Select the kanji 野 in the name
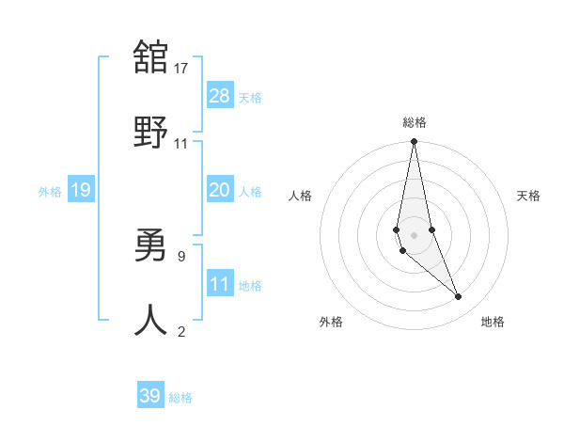(x=150, y=131)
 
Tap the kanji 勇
(x=150, y=245)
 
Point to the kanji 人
(x=150, y=320)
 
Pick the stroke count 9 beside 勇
(x=180, y=256)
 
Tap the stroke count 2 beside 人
(x=181, y=331)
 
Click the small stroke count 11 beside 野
(x=180, y=143)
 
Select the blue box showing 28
(x=220, y=95)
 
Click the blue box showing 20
(x=220, y=190)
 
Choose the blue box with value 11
(x=220, y=283)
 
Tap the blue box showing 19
(x=80, y=190)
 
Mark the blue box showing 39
(x=150, y=396)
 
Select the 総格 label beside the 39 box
(x=181, y=399)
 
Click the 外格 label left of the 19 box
(x=50, y=192)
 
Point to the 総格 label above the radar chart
(x=415, y=122)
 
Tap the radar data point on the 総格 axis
(x=414, y=143)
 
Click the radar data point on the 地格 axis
(x=459, y=297)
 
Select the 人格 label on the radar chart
(x=300, y=196)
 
